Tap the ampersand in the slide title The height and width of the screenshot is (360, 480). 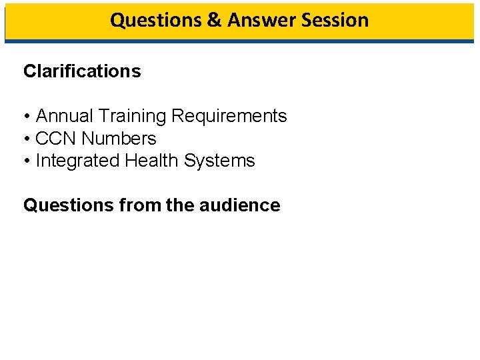click(x=214, y=20)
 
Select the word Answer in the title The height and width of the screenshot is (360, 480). click(x=261, y=20)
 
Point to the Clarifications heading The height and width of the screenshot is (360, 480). click(x=82, y=71)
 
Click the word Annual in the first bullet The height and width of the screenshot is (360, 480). click(x=64, y=116)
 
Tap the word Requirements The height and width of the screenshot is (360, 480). click(x=229, y=116)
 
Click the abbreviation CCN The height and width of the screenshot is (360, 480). click(x=56, y=139)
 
